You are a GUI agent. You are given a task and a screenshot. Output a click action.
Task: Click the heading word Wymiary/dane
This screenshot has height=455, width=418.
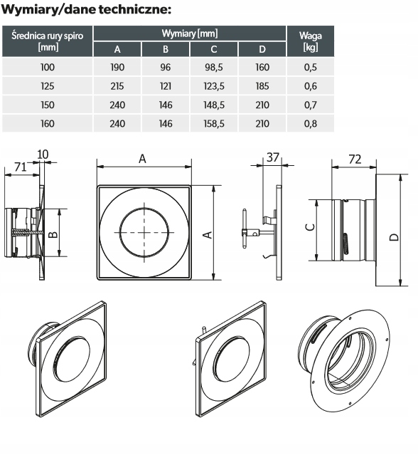[48, 9]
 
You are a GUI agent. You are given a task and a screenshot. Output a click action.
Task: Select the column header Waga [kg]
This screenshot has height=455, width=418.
[310, 41]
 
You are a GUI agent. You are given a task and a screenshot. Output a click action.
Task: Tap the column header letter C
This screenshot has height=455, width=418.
[214, 49]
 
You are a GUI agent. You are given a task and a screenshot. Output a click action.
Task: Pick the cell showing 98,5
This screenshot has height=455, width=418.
[214, 68]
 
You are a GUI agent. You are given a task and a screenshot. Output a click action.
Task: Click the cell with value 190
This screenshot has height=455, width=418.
[117, 68]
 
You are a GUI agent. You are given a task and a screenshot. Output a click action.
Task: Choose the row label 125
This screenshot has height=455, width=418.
[47, 86]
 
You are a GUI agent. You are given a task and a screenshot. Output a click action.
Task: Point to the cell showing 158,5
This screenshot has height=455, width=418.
[214, 124]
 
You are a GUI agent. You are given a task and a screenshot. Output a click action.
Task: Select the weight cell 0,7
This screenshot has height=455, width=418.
[310, 105]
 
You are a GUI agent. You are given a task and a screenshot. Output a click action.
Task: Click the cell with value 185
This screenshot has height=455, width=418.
[262, 86]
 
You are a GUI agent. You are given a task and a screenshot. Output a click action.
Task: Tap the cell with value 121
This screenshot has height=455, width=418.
[166, 86]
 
